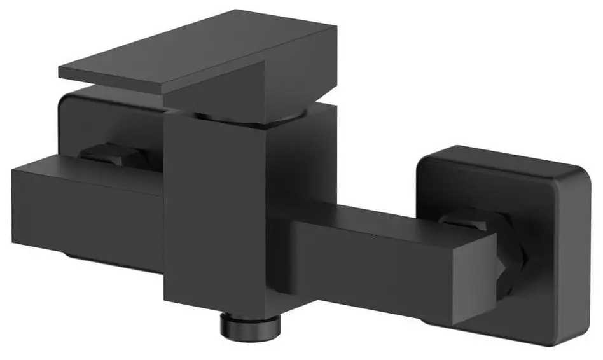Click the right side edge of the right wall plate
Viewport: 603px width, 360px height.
click(x=585, y=254)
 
